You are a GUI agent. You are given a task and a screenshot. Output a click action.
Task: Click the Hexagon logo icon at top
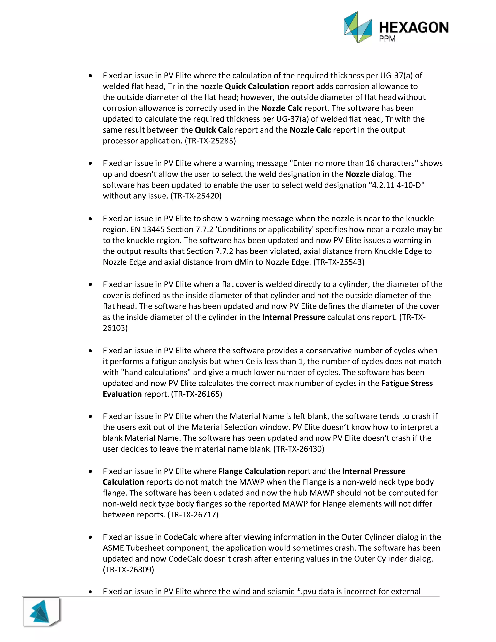pos(358,27)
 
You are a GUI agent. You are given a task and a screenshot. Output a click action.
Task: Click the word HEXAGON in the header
pos(414,28)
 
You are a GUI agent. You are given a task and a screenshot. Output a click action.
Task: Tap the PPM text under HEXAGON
pos(387,39)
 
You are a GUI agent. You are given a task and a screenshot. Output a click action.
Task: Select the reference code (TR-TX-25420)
pos(196,196)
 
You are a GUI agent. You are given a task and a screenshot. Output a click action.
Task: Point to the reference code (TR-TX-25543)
pos(339,262)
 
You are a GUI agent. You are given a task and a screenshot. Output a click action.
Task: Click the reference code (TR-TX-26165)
pos(197,394)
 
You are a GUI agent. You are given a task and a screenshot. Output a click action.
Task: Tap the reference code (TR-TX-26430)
pos(299,449)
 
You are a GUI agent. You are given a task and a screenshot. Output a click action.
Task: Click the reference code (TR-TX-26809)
pos(128,570)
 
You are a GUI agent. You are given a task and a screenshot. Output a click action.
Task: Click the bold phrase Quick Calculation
pos(257,86)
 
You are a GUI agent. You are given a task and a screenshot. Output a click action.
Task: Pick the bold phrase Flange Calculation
pos(252,471)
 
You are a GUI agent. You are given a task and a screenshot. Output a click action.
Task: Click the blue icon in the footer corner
pos(41,612)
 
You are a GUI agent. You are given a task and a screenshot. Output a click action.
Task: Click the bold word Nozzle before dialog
pos(357,174)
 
